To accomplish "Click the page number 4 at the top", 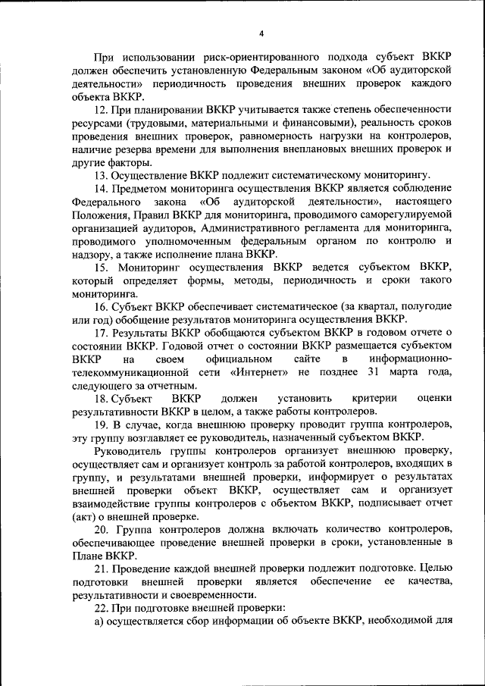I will click(261, 33).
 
